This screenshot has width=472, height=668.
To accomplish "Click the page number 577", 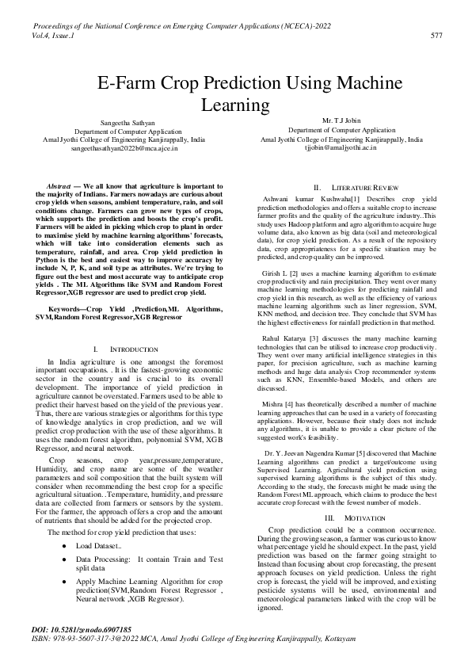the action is click(x=436, y=36).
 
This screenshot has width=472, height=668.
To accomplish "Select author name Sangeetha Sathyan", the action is click(x=128, y=122).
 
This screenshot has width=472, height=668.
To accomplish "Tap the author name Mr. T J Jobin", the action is click(x=341, y=119).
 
